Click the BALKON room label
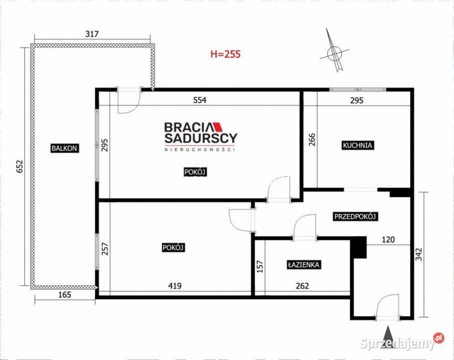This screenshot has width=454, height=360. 65,148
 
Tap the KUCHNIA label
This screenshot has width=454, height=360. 358,145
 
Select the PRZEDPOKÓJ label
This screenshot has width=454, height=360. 355,216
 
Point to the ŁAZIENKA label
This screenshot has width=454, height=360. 303,265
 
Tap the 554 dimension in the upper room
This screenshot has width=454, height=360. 200,100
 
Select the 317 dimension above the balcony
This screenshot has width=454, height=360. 92,34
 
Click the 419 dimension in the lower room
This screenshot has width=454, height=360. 174,286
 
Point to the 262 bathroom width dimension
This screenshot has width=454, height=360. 302,286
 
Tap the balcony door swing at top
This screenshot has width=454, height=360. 128,102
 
